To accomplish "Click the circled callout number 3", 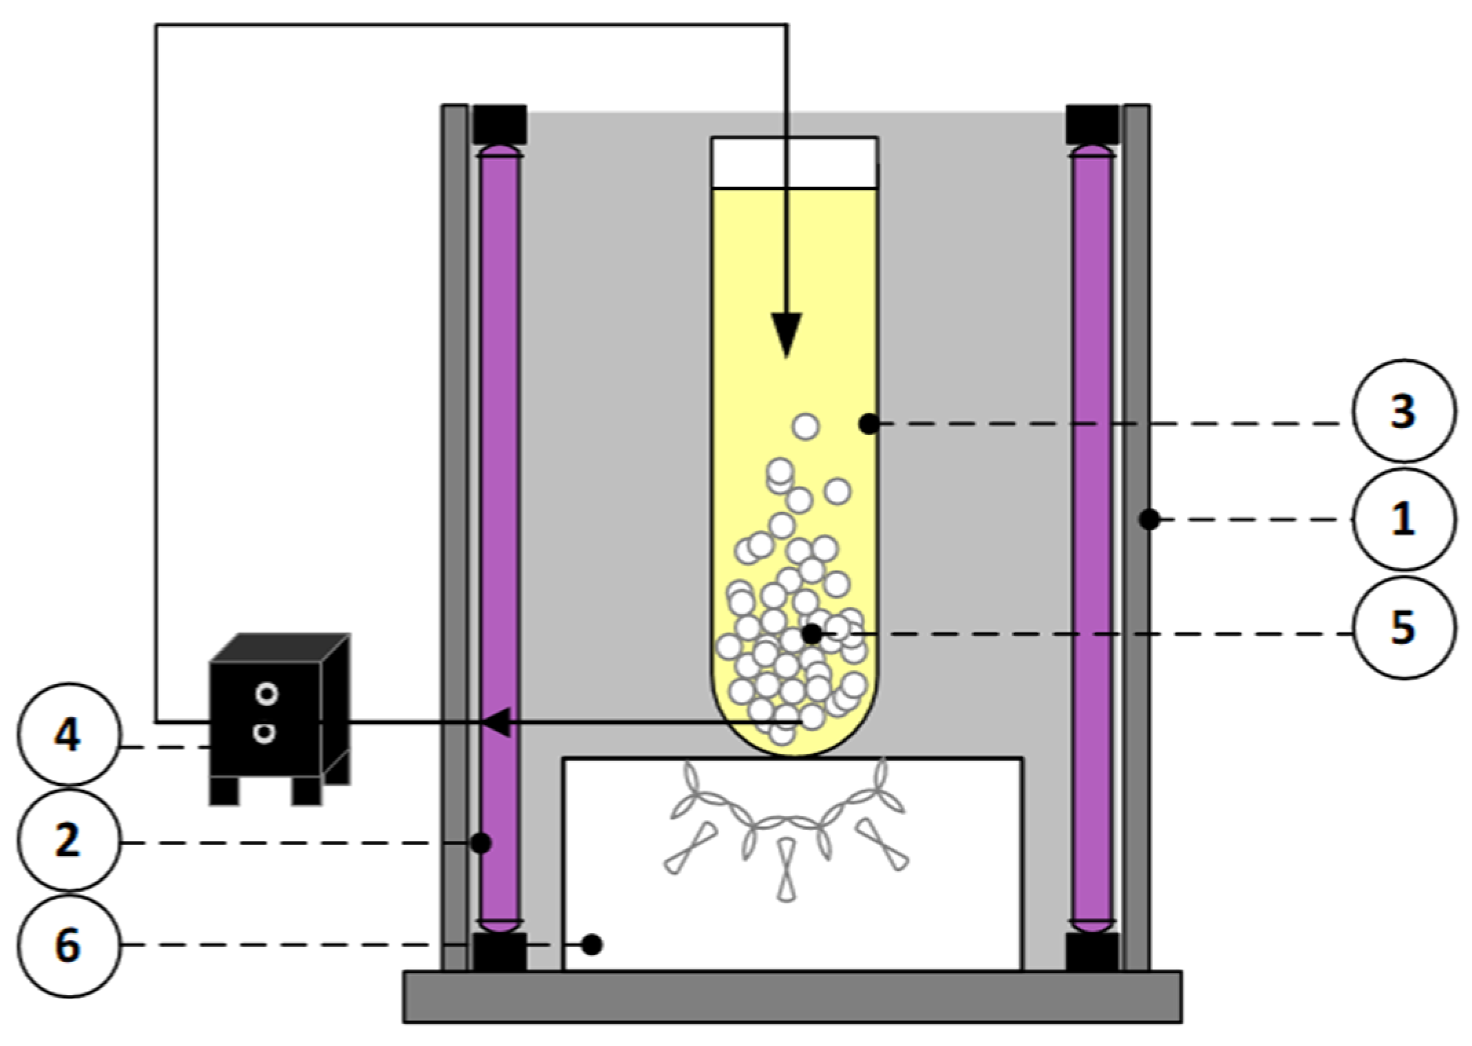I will pos(1404,411).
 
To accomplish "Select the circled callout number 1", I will pos(1404,519).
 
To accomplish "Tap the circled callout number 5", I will pos(1404,628).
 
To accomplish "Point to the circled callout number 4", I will pos(67,735).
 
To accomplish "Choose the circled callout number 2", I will pos(67,841).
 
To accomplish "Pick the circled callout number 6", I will pos(67,946).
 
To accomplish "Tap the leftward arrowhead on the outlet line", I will pos(497,722).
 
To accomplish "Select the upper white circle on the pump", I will pos(266,693).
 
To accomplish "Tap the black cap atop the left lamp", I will pos(500,124).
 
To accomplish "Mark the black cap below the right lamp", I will pos(1091,952).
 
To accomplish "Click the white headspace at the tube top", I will pos(794,162).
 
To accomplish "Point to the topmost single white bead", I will pos(805,427).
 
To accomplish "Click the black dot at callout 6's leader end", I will pos(592,945).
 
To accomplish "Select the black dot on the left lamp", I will pos(481,842).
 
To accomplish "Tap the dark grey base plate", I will pos(791,996).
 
